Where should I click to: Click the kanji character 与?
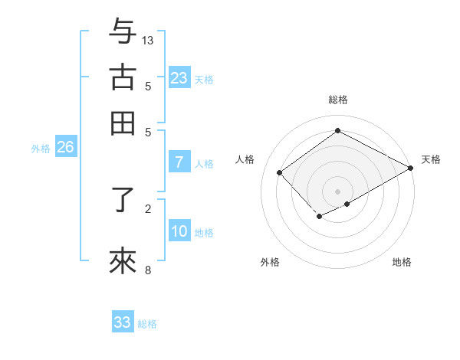point(123,32)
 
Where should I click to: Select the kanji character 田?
point(123,123)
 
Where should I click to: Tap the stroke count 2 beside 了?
point(148,208)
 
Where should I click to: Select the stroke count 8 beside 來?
point(148,270)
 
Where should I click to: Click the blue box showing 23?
point(179,78)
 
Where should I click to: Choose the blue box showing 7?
point(179,162)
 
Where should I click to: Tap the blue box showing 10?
point(179,232)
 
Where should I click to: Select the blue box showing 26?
point(65,148)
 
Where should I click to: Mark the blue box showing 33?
point(123,322)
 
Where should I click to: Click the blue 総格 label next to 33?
point(147,324)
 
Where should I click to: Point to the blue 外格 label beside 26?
point(40,149)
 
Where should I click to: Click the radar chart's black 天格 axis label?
point(431,159)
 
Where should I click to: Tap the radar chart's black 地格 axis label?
point(402,262)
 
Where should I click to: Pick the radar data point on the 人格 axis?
point(280,173)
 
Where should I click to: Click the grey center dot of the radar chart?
point(338,191)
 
